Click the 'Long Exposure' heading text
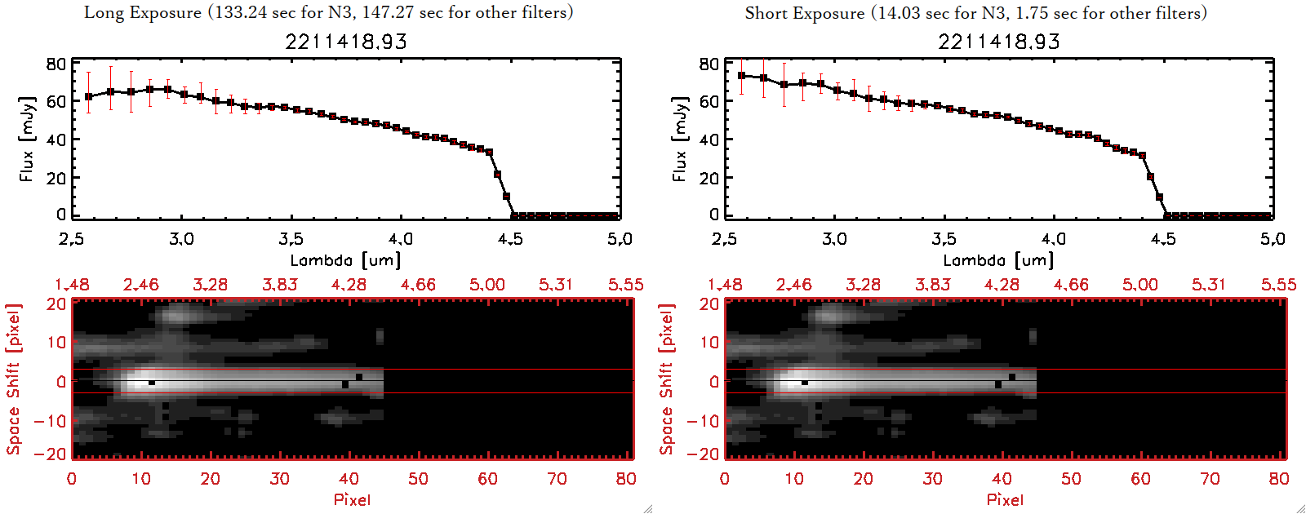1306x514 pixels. point(143,12)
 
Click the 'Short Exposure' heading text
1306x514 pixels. point(804,13)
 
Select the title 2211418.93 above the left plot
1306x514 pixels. point(346,42)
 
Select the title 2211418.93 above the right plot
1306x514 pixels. point(999,42)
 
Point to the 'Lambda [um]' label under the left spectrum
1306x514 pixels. point(345,260)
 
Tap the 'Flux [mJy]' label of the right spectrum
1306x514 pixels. point(679,139)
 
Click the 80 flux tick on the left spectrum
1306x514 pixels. point(56,64)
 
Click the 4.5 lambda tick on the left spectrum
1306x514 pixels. point(510,239)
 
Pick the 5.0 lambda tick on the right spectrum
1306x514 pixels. point(1273,239)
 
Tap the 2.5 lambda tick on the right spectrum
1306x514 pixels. point(724,239)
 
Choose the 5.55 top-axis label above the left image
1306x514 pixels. point(625,285)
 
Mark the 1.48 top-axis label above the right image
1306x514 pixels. point(725,285)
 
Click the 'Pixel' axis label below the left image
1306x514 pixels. point(352,499)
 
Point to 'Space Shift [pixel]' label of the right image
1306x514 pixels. point(667,379)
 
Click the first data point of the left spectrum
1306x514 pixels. point(89,96)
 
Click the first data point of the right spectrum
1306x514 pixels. point(741,76)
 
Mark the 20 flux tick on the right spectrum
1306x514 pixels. point(709,177)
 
